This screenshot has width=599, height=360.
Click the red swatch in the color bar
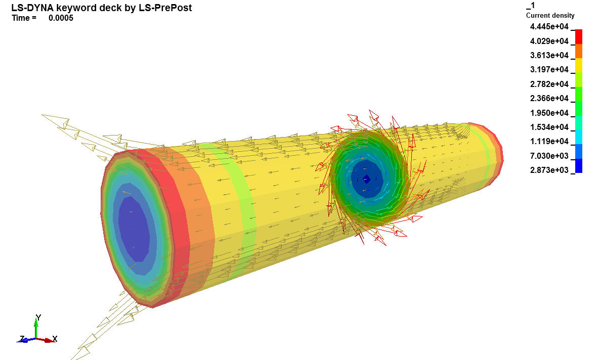[x=579, y=36]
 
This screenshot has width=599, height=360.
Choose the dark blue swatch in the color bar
[x=579, y=166]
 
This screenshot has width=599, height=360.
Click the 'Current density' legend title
[x=550, y=16]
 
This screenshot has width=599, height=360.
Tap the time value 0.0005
[x=61, y=18]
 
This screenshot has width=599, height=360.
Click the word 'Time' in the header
[x=21, y=18]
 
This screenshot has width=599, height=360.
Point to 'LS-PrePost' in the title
[x=166, y=8]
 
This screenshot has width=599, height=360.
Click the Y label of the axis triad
[x=38, y=318]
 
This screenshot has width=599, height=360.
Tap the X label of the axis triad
[x=55, y=339]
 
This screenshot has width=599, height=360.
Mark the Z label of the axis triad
[x=22, y=338]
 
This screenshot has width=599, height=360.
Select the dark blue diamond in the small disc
[x=367, y=179]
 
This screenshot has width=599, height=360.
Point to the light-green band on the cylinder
[x=243, y=202]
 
